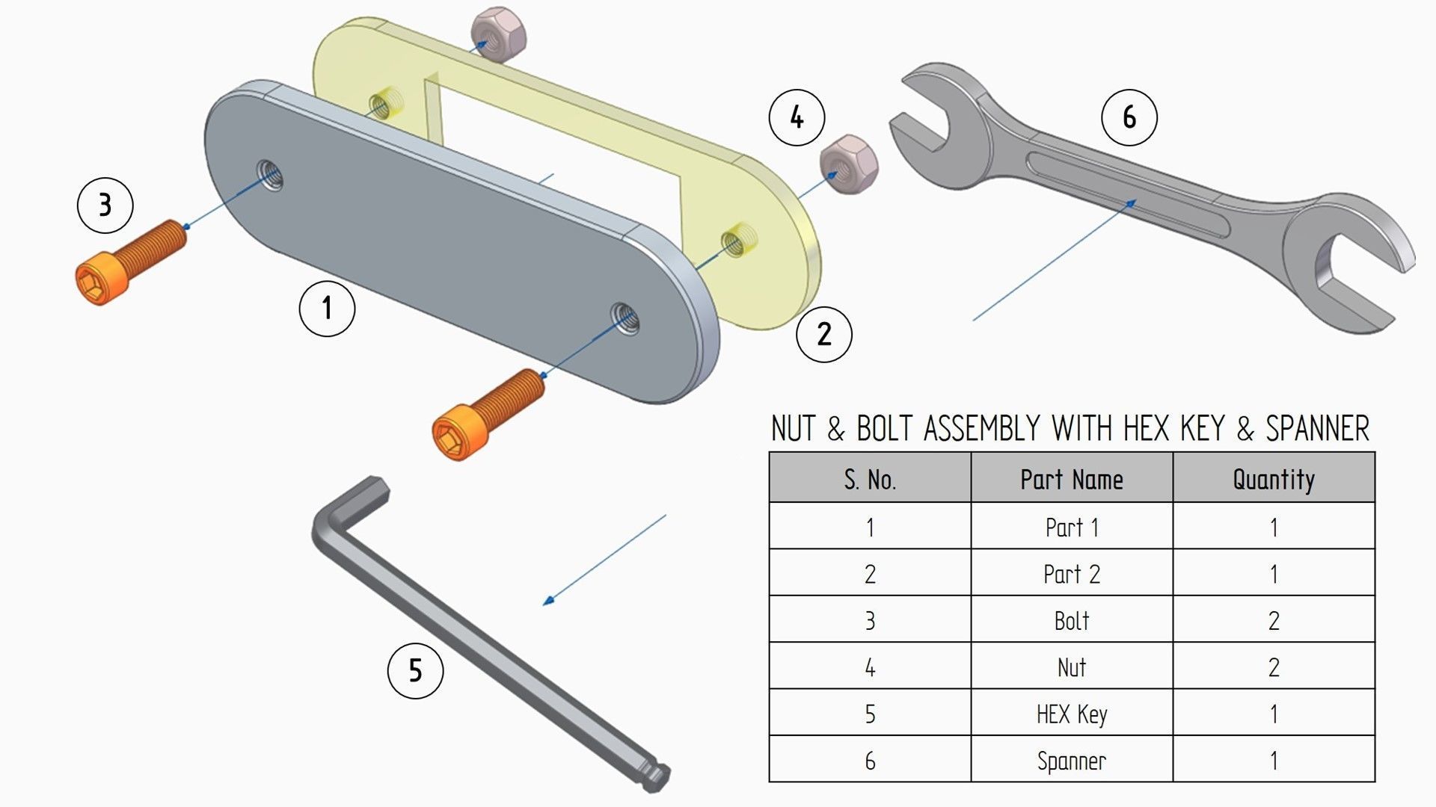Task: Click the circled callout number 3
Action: [x=105, y=205]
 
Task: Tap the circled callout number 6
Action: [x=1129, y=117]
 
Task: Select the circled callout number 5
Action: [x=415, y=670]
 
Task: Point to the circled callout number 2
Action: [x=823, y=334]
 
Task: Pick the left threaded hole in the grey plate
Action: [x=269, y=176]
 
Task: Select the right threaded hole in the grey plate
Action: [x=625, y=319]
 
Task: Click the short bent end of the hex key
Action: [x=372, y=493]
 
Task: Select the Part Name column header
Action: [x=1071, y=479]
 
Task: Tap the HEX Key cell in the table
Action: [x=1071, y=714]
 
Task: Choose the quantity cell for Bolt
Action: [x=1273, y=620]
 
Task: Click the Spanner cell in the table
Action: [x=1071, y=761]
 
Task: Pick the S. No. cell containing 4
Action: [x=869, y=667]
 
